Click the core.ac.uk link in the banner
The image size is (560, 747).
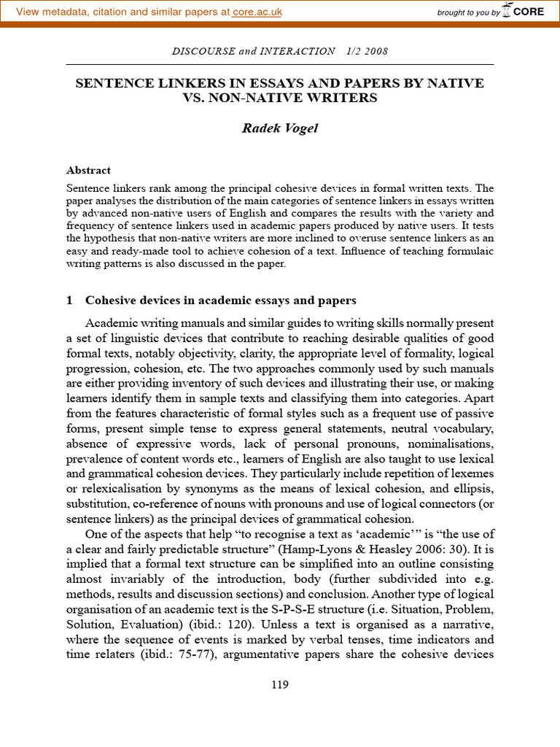point(257,12)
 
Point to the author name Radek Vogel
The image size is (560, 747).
point(279,128)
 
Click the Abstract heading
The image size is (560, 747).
point(88,170)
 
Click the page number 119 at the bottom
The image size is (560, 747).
point(279,684)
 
